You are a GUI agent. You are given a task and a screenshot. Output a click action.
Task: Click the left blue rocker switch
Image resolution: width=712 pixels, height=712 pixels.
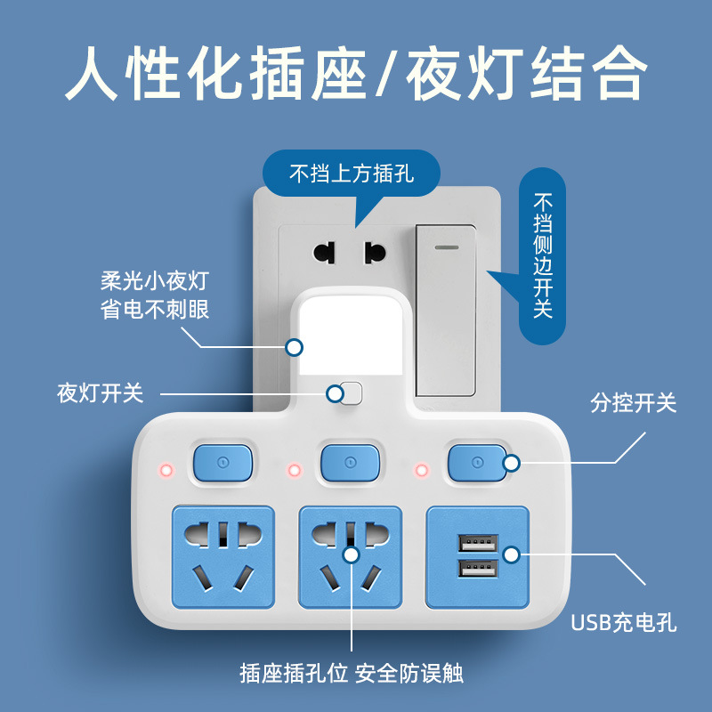222,462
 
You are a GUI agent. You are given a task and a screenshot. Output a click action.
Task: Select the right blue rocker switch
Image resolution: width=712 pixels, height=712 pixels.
477,462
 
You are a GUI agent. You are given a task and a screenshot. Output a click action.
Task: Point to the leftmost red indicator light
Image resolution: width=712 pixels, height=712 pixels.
165,469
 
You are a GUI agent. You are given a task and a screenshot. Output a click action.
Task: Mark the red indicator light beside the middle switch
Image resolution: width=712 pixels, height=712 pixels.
293,469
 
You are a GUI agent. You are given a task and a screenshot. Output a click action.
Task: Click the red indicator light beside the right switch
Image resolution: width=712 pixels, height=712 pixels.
421,469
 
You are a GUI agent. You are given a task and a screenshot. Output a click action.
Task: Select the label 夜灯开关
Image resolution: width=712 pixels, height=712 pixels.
101,392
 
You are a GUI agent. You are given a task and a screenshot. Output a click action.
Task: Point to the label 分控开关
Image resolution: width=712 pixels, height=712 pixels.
634,403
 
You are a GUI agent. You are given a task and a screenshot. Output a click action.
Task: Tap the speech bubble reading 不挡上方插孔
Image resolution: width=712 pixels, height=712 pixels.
352,174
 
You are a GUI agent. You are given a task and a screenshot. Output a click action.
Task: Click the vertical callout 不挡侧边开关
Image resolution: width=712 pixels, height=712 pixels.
542,255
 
